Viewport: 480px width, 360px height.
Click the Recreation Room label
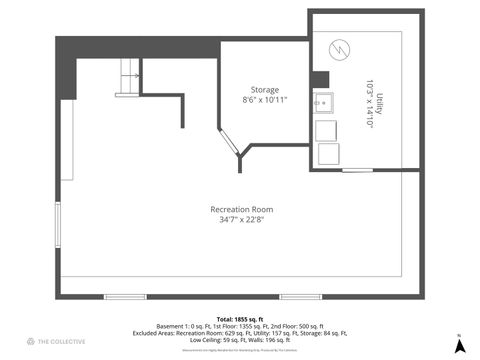[x=241, y=209]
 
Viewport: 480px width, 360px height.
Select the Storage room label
[x=264, y=88]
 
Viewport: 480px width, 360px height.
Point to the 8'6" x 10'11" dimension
[x=264, y=99]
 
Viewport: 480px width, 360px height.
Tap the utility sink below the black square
[x=324, y=103]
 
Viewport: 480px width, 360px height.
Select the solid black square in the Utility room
[x=320, y=81]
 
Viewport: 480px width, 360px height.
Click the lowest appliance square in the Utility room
[x=327, y=153]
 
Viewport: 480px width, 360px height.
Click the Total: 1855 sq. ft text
[x=240, y=318]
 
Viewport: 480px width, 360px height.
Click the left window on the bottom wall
[x=125, y=296]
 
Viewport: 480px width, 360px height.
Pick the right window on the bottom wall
[x=300, y=296]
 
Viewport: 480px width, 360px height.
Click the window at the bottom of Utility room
[x=357, y=170]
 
